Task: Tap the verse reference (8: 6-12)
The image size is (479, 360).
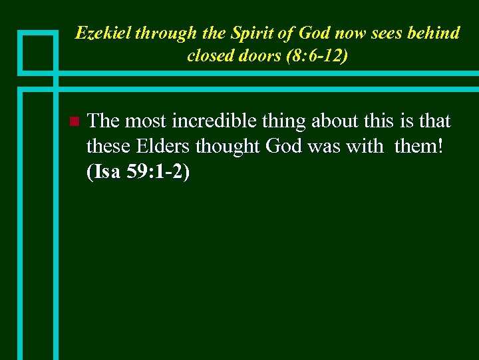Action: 316,55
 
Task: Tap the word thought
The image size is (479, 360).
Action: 230,146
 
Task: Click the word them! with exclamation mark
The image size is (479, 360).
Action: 418,146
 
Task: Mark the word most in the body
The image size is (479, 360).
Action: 146,121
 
